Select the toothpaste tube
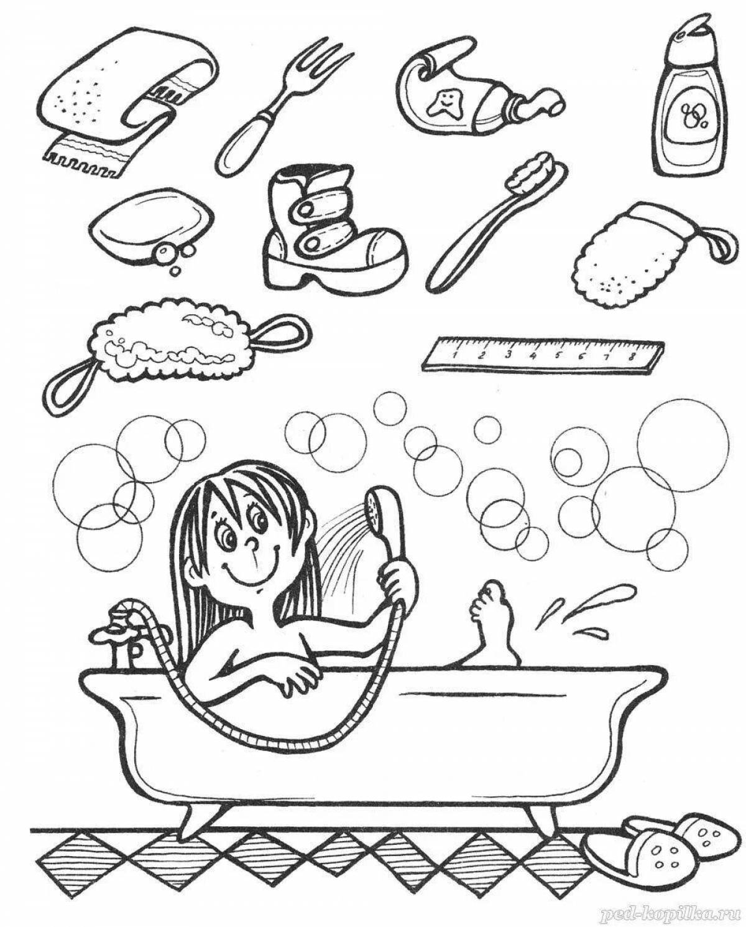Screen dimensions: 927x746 (x=472, y=100)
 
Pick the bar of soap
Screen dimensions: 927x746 (x=149, y=227)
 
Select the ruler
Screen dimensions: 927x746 (x=544, y=355)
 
